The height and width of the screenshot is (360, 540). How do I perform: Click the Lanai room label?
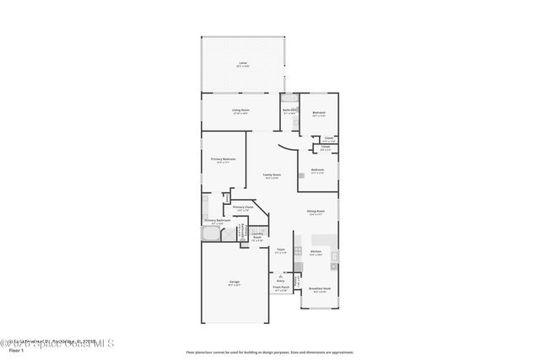click(243, 64)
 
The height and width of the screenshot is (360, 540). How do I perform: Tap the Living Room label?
click(240, 110)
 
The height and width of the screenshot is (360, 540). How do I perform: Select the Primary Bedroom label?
click(224, 159)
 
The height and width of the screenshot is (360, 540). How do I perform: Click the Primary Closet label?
click(243, 207)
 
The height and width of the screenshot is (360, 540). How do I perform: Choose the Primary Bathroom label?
click(217, 221)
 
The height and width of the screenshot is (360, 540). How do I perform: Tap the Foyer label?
click(281, 250)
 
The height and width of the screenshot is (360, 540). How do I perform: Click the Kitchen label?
click(316, 252)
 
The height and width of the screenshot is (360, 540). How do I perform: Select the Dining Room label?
click(316, 212)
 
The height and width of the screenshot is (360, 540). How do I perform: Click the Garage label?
click(234, 284)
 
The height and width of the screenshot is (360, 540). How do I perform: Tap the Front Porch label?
click(281, 288)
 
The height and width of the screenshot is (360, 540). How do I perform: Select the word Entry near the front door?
click(281, 280)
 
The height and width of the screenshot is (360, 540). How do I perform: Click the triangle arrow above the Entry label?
click(281, 275)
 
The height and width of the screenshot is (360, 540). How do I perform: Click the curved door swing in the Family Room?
click(289, 153)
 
